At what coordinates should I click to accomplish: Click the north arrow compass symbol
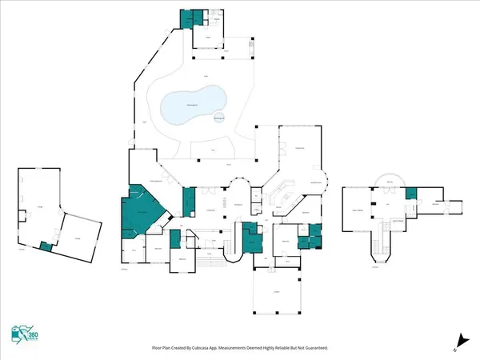click(458, 339)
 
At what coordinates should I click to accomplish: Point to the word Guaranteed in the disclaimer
click(312, 348)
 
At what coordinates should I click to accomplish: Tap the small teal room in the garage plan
click(47, 247)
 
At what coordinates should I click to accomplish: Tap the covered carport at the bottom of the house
click(275, 292)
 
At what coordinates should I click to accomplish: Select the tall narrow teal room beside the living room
click(189, 201)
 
